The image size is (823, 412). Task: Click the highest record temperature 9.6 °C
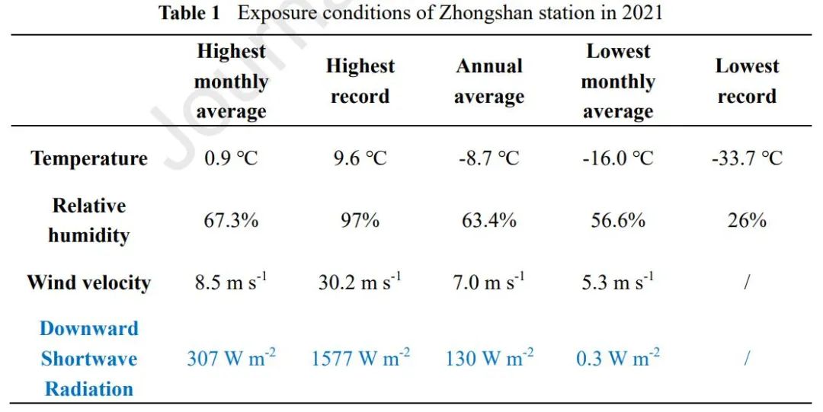pyautogui.click(x=360, y=158)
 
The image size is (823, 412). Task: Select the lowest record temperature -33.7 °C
pyautogui.click(x=746, y=158)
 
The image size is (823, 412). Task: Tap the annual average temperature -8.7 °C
pyautogui.click(x=488, y=158)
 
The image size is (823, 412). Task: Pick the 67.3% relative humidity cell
pyautogui.click(x=231, y=220)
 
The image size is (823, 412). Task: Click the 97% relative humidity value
pyautogui.click(x=360, y=220)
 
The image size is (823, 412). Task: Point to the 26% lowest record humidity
pyautogui.click(x=746, y=220)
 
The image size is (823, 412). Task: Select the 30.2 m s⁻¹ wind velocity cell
pyautogui.click(x=360, y=283)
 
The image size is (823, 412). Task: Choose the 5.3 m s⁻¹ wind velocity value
pyautogui.click(x=617, y=283)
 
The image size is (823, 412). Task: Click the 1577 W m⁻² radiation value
pyautogui.click(x=360, y=358)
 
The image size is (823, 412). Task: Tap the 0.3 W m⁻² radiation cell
pyautogui.click(x=617, y=358)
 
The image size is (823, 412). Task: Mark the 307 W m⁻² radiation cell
pyautogui.click(x=231, y=358)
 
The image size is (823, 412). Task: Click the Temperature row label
pyautogui.click(x=89, y=158)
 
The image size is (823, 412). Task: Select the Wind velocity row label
pyautogui.click(x=89, y=283)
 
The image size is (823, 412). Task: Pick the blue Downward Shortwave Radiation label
pyautogui.click(x=89, y=359)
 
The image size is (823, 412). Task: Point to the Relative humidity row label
pyautogui.click(x=89, y=220)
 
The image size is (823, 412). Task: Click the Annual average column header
pyautogui.click(x=488, y=81)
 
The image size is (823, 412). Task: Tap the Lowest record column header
pyautogui.click(x=746, y=81)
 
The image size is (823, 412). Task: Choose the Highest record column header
pyautogui.click(x=360, y=81)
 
